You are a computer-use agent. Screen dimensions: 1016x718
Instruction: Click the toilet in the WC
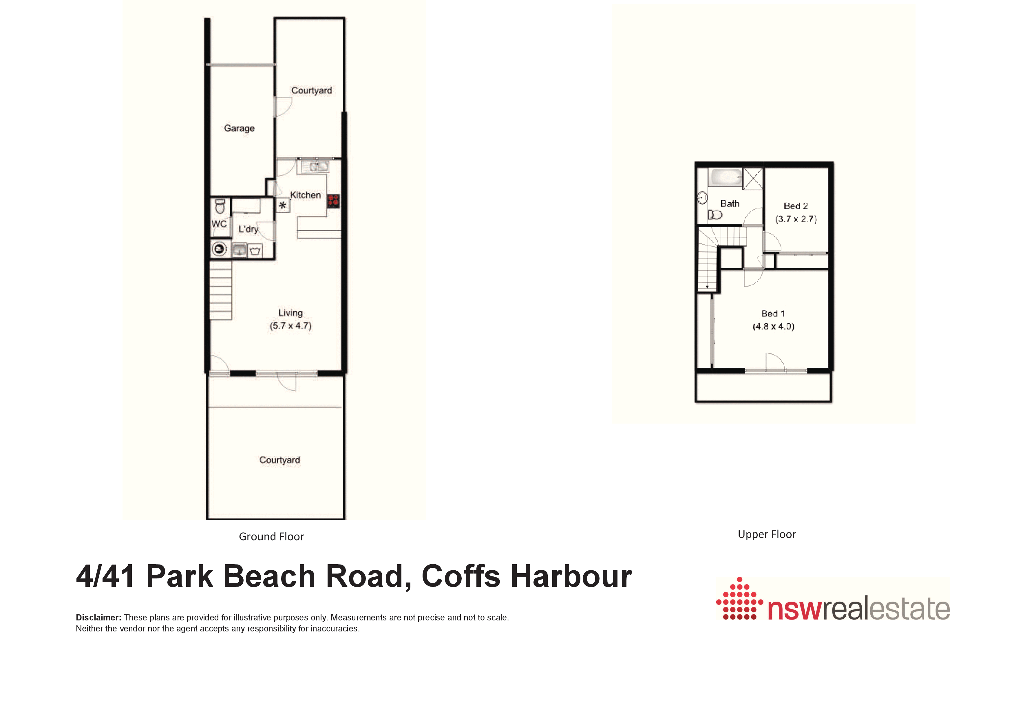(x=220, y=206)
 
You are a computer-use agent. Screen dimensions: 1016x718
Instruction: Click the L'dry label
(x=248, y=229)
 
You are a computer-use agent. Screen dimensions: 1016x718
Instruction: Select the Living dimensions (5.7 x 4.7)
(x=291, y=326)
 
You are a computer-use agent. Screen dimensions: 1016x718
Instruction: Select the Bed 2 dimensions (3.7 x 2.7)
(x=796, y=219)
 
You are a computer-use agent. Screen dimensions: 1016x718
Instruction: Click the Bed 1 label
(x=773, y=314)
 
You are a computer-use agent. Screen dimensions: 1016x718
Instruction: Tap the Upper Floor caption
(x=767, y=534)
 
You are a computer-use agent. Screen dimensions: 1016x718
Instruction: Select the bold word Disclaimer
(x=98, y=618)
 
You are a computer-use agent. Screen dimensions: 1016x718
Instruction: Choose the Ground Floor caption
(x=271, y=537)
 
